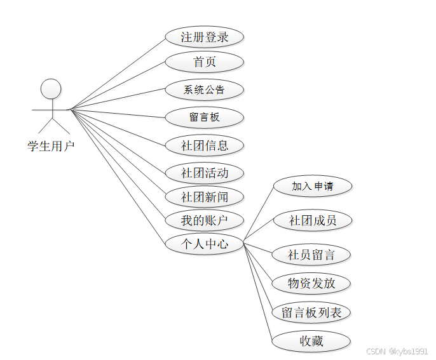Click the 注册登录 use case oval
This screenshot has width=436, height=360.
coord(205,37)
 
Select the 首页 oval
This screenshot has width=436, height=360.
coord(205,62)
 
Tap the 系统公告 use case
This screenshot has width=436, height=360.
coord(205,90)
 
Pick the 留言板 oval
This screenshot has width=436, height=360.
coord(205,117)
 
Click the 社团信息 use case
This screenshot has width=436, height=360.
coord(205,145)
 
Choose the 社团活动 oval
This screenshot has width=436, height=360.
coord(205,173)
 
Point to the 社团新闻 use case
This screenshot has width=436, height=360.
coord(205,197)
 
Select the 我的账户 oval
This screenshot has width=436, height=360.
coord(205,221)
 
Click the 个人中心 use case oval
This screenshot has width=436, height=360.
coord(205,243)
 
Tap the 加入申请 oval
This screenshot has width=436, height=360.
coord(312,187)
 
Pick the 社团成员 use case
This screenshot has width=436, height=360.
coord(312,221)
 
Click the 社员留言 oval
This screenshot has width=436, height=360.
coord(311,255)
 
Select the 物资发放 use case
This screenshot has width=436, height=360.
coord(311,283)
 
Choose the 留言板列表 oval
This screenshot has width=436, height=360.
coord(311,312)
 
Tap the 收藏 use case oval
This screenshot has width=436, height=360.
coord(311,342)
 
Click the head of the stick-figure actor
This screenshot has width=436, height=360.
coord(51,89)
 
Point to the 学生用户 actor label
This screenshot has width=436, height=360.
coord(51,146)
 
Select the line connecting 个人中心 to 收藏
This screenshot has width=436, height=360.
coord(258,292)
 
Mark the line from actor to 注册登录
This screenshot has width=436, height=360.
coord(118,73)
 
